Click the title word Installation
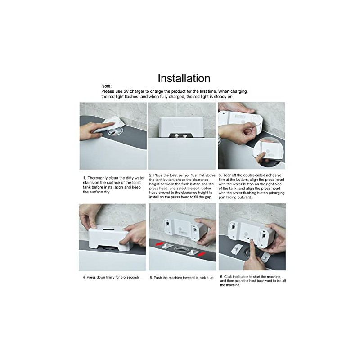[184, 78]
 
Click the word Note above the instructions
[106, 86]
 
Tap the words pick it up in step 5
[204, 278]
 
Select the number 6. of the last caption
[221, 276]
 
